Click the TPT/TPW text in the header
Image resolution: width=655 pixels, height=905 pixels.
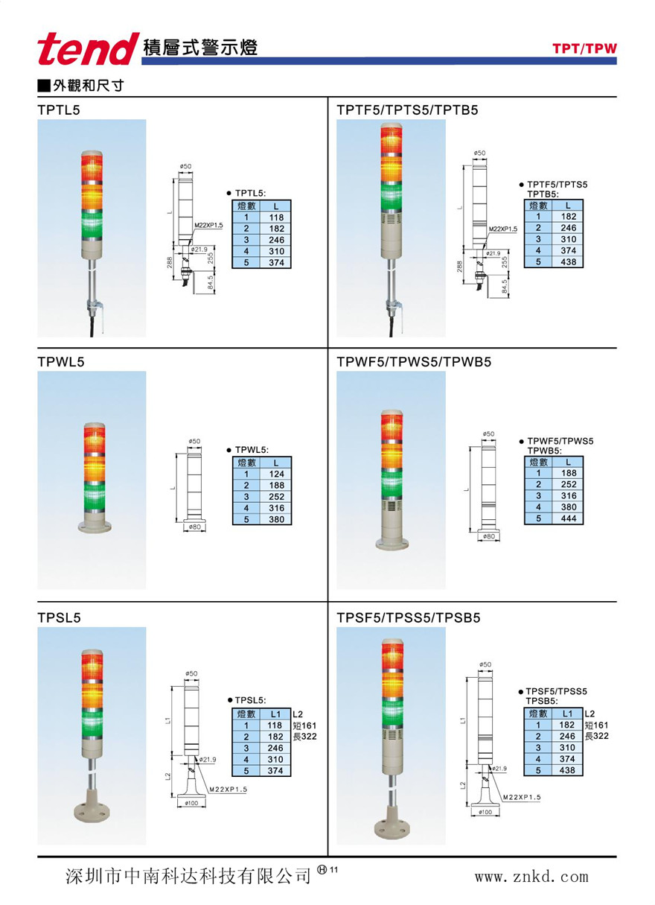click(x=584, y=49)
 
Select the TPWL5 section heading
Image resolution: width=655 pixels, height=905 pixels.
click(x=61, y=362)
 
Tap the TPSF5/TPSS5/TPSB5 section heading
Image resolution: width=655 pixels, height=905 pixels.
click(x=409, y=617)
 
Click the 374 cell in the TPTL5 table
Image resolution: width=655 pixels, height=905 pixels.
click(x=276, y=263)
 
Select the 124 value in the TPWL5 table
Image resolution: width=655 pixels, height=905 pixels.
click(x=276, y=474)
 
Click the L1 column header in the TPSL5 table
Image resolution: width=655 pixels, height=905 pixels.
click(x=275, y=714)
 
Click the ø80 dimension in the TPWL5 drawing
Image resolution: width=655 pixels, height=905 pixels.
click(x=194, y=527)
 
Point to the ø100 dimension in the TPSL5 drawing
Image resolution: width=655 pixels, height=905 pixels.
click(x=193, y=803)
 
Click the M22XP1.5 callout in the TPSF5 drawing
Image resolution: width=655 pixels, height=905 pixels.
click(x=521, y=797)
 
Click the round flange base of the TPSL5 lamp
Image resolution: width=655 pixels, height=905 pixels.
click(x=92, y=810)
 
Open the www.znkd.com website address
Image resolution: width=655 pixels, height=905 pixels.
click(x=531, y=877)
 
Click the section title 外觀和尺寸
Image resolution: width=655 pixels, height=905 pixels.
click(x=87, y=86)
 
